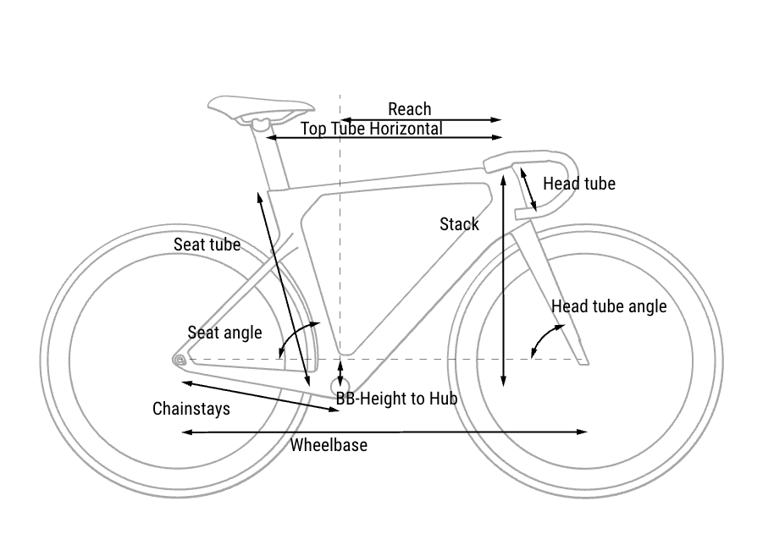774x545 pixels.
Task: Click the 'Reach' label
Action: [409, 109]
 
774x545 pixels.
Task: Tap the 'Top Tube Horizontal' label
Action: [371, 129]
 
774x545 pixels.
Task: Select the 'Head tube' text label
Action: [578, 184]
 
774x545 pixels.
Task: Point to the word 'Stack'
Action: [459, 224]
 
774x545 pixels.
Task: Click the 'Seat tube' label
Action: [207, 245]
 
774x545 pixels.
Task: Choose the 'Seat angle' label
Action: [224, 333]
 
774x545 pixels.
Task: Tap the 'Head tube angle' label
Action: [609, 306]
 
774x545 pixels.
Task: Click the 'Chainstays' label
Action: [191, 409]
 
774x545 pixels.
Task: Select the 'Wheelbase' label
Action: [329, 445]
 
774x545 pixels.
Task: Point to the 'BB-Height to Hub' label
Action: [396, 398]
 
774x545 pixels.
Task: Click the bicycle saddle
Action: [260, 108]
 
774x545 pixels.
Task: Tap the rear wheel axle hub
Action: [180, 361]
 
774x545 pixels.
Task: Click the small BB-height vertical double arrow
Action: [340, 372]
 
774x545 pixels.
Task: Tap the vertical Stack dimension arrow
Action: [504, 279]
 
